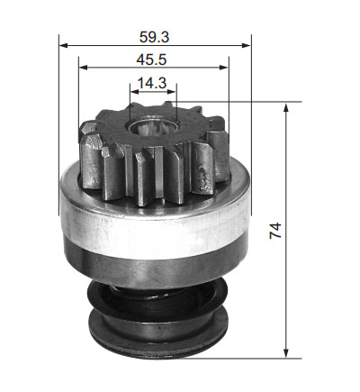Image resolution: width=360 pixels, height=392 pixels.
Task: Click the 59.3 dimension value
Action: point(154,37)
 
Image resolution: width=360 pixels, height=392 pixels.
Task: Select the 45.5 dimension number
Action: point(151,59)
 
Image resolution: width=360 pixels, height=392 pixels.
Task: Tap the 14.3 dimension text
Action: point(151,83)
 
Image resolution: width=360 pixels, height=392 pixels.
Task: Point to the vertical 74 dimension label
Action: point(275,231)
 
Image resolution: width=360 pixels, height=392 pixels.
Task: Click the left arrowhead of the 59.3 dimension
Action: point(64,45)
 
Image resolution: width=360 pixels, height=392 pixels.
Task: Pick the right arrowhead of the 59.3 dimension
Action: point(246,45)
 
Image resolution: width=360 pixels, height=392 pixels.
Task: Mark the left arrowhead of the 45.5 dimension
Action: point(84,68)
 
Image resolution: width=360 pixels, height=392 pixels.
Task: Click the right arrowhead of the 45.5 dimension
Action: point(224,68)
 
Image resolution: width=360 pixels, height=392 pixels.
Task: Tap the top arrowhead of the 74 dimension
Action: point(286,107)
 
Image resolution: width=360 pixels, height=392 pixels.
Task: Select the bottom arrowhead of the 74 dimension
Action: point(286,352)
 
